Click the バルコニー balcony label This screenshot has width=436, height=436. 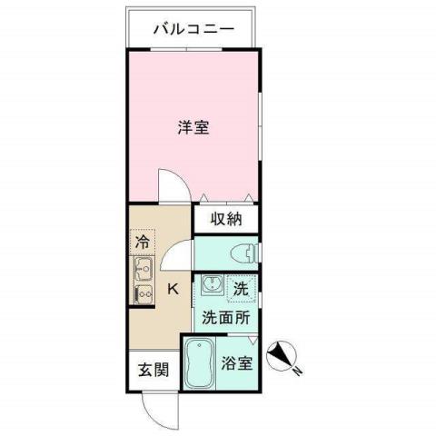(193, 29)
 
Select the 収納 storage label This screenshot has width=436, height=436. (227, 218)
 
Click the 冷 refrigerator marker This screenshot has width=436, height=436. (143, 243)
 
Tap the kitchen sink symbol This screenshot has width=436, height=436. (143, 268)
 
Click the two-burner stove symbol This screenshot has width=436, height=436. (143, 293)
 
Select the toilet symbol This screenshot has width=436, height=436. (244, 252)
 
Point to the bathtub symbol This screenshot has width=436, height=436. (200, 363)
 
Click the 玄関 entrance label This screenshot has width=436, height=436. (153, 371)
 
